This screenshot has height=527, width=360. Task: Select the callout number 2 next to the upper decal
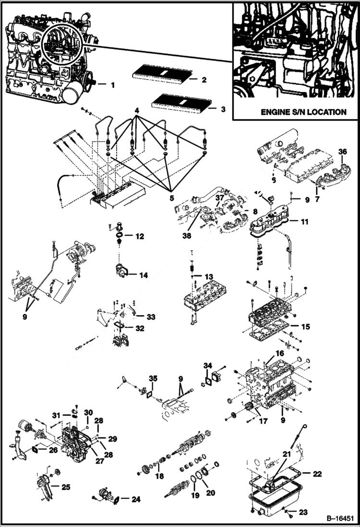point(204,80)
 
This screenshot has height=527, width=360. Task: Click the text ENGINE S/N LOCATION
point(303,112)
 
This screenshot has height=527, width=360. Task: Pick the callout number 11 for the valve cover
point(305,222)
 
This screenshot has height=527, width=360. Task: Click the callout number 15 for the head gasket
point(305,326)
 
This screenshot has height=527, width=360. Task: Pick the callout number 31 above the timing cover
point(56,415)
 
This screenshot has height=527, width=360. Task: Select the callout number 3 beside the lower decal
point(223,109)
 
